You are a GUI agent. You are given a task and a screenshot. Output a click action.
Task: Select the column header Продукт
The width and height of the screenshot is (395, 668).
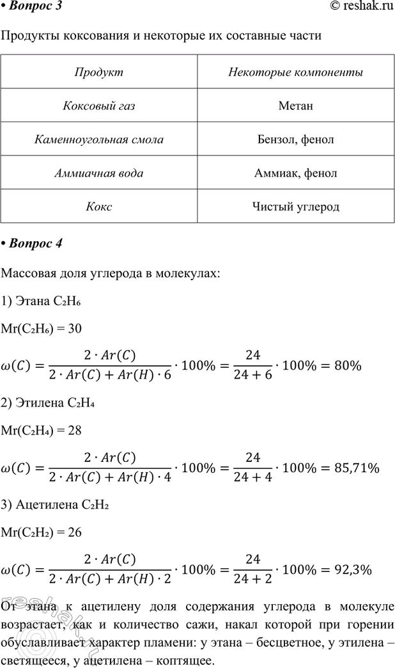(98, 72)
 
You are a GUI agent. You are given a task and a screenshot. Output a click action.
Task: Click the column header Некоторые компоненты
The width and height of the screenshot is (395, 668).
(295, 72)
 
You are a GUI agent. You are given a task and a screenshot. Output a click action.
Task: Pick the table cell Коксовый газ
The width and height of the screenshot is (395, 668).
(98, 105)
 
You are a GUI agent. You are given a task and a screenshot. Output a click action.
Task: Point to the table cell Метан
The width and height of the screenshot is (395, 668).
(295, 105)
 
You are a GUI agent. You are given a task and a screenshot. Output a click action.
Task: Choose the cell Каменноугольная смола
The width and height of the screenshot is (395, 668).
(98, 139)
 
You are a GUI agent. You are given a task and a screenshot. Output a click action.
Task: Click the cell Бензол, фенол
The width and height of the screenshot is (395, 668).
(295, 139)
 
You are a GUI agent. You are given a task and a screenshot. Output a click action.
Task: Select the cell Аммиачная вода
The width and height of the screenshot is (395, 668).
(98, 173)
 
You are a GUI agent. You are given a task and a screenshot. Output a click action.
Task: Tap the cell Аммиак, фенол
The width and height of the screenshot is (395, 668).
(295, 173)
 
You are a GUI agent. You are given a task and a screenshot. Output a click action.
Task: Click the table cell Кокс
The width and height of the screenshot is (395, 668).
(98, 207)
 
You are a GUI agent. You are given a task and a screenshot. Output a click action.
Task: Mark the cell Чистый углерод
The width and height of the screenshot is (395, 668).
(295, 207)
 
